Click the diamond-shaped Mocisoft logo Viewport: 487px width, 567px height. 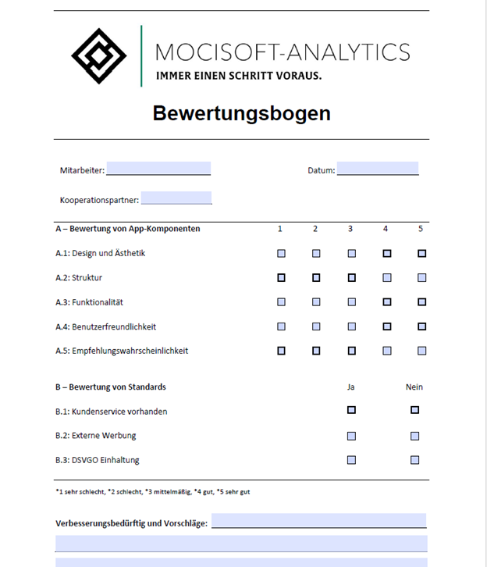99,56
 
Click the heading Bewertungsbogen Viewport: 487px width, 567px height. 241,113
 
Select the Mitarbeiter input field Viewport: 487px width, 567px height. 158,169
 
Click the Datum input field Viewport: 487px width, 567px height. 378,169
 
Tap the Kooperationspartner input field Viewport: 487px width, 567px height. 176,198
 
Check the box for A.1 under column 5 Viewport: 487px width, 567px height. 422,253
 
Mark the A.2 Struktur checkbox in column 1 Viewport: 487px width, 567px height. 281,277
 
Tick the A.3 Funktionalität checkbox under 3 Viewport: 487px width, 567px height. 351,301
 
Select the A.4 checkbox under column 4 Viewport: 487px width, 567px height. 386,326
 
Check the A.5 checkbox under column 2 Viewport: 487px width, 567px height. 316,351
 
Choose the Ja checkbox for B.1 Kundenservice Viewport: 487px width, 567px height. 351,410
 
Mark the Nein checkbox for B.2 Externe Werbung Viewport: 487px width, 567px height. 414,436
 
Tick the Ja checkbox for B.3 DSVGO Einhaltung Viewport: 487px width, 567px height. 351,460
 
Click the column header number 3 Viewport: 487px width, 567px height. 350,229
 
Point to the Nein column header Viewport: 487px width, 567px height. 414,387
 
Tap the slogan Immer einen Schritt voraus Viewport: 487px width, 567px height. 239,76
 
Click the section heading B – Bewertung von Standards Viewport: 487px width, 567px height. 111,387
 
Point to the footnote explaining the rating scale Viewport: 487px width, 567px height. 153,492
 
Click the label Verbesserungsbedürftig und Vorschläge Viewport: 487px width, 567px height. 131,523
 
